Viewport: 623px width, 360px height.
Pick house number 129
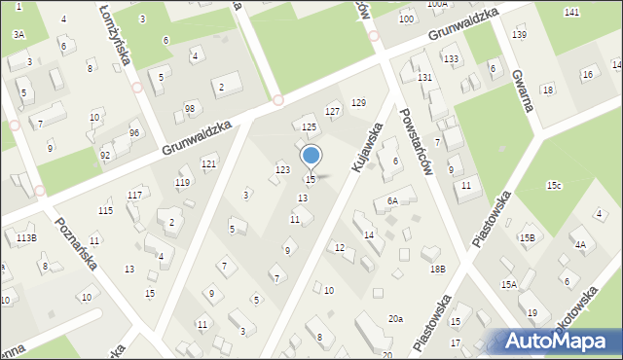[x=358, y=103]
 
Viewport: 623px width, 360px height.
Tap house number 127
[x=333, y=112]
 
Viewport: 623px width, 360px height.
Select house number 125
[x=309, y=127]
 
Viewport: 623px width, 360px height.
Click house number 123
[x=282, y=170]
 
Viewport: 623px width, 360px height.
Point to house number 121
[x=208, y=163]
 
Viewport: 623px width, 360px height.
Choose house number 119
[x=182, y=183]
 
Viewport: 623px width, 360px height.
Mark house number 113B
[x=26, y=237]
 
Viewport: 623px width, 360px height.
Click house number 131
[x=424, y=77]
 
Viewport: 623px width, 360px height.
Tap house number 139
[x=520, y=35]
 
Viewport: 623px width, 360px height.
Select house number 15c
[x=554, y=185]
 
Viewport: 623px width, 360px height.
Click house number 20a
[x=395, y=319]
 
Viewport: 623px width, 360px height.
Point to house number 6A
[x=392, y=201]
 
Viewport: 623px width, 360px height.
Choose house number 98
[x=189, y=108]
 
